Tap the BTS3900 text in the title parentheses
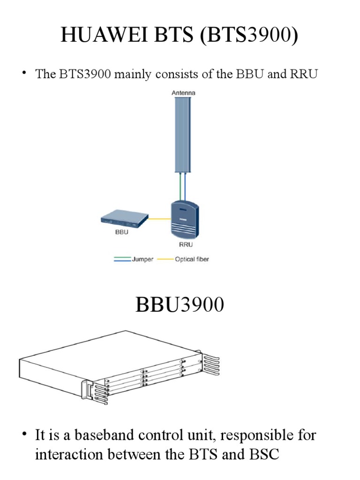coord(249,36)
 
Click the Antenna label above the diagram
coord(183,93)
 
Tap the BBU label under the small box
coord(121,232)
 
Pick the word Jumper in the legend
coord(142,259)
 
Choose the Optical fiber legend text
coord(192,259)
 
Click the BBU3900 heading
coord(180,305)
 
